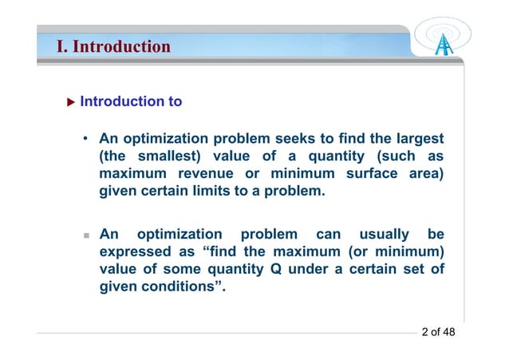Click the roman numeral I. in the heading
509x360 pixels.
point(61,47)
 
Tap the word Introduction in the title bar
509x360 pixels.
point(121,47)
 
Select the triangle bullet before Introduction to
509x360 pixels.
point(70,102)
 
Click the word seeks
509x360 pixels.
point(306,140)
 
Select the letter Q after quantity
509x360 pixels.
point(276,269)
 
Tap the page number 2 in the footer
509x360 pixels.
point(424,332)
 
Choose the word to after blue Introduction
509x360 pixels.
point(174,102)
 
